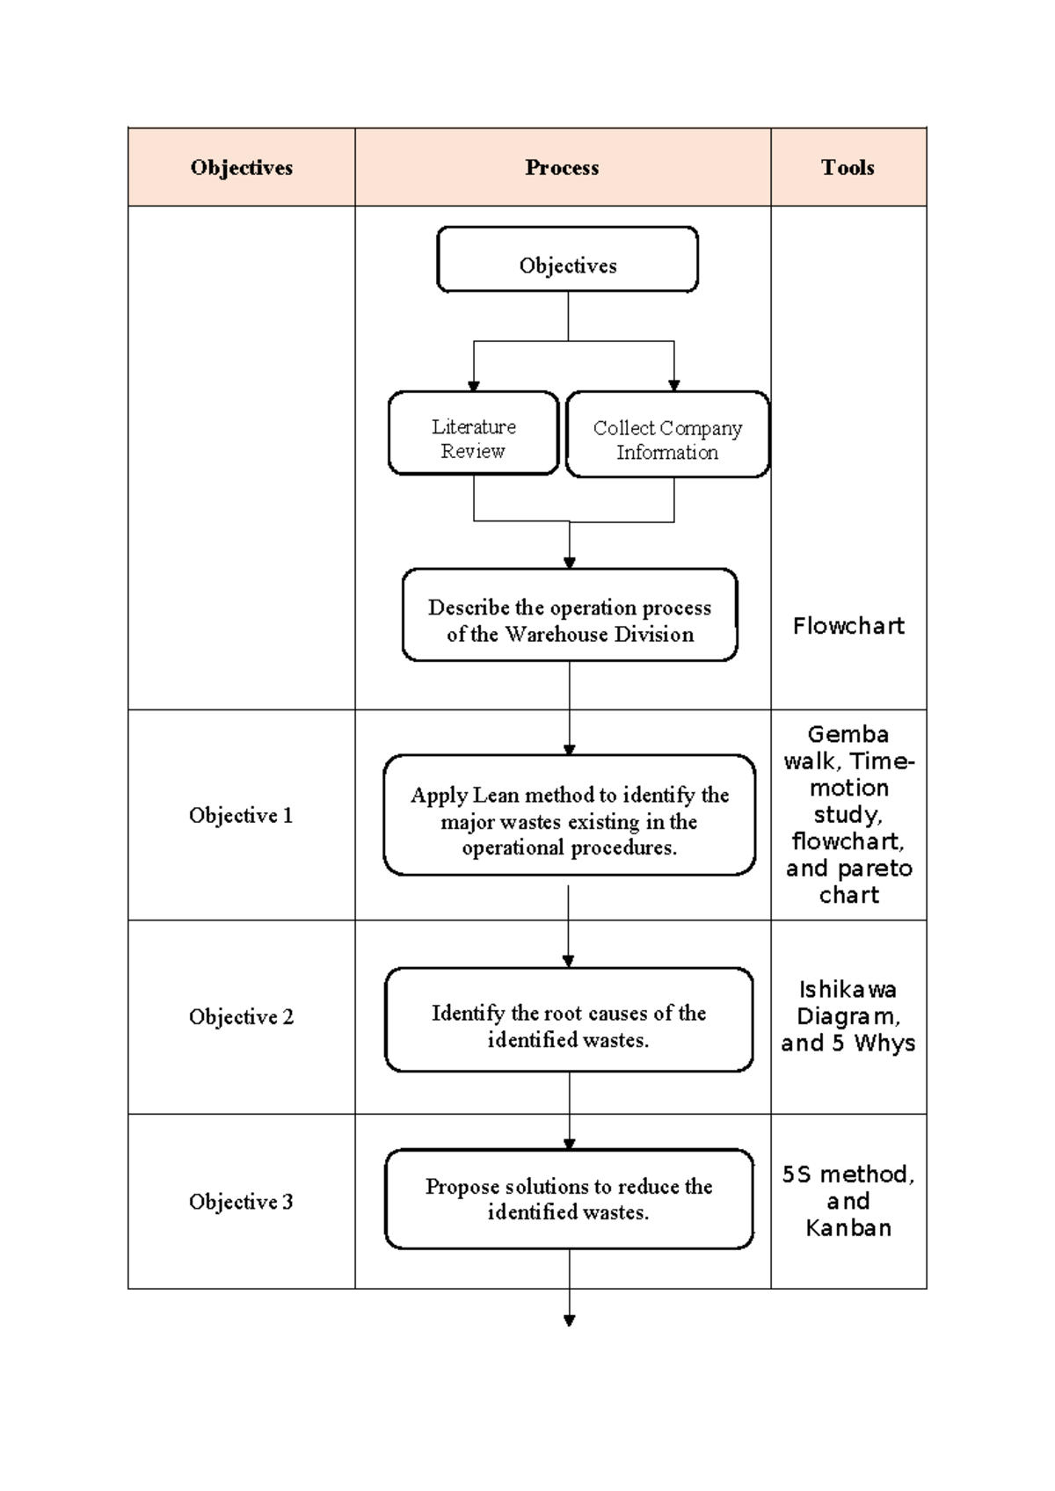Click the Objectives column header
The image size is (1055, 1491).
(x=241, y=168)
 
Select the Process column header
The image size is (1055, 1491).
(x=562, y=168)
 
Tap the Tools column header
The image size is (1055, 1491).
(x=848, y=168)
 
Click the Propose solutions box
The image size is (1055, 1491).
(x=569, y=1199)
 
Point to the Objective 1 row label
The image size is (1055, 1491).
(x=241, y=816)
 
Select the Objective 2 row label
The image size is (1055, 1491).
(x=241, y=1017)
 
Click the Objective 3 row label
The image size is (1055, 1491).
(x=241, y=1202)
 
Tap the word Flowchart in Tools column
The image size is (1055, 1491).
(x=848, y=626)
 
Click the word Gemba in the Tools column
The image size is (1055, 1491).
(x=848, y=734)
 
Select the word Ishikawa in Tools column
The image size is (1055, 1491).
(x=848, y=990)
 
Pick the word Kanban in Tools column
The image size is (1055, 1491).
(x=848, y=1228)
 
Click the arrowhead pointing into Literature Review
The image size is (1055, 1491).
(x=474, y=386)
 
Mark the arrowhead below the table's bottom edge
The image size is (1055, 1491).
(x=569, y=1320)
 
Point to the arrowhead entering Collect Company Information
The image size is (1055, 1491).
(x=674, y=385)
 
